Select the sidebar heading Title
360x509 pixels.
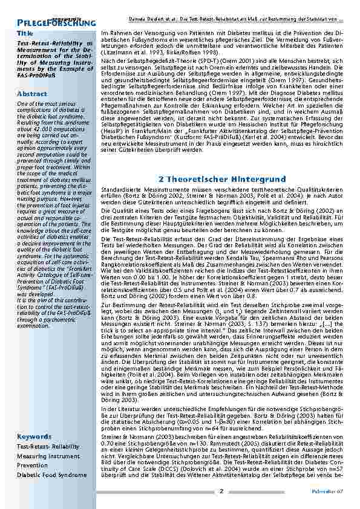pyautogui.click(x=25, y=33)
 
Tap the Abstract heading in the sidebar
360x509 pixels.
pyautogui.click(x=32, y=94)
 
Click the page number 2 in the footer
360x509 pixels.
pyautogui.click(x=222, y=490)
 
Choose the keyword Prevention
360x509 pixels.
pyautogui.click(x=33, y=465)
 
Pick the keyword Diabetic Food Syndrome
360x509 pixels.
pyautogui.click(x=51, y=475)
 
